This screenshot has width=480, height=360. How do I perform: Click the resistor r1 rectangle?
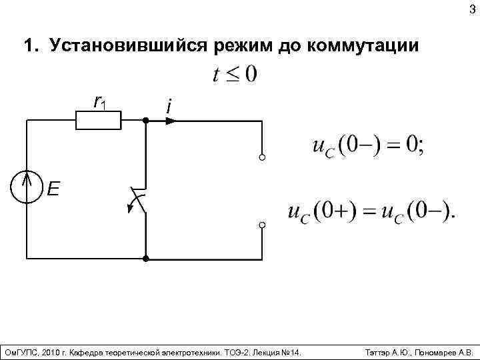99,121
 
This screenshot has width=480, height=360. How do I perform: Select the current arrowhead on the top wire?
172,121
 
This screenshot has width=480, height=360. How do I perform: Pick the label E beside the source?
53,190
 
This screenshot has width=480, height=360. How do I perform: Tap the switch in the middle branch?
139,200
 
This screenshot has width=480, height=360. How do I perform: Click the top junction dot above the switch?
145,121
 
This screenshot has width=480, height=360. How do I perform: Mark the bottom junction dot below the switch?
145,257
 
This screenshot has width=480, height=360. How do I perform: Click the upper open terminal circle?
262,158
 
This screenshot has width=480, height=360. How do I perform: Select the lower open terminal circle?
262,225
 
